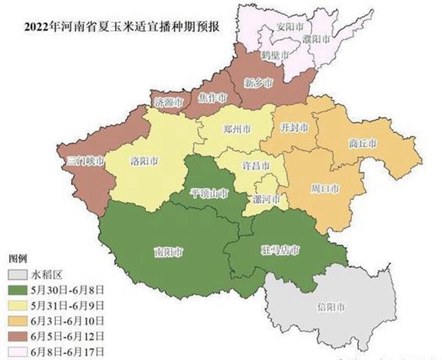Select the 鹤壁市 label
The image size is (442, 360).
pos(275,56)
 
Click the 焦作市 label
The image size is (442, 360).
pos(212,98)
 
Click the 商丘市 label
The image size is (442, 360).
pos(363,143)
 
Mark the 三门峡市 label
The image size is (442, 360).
pos(85,162)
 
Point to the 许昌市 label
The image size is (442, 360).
pos(257,166)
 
